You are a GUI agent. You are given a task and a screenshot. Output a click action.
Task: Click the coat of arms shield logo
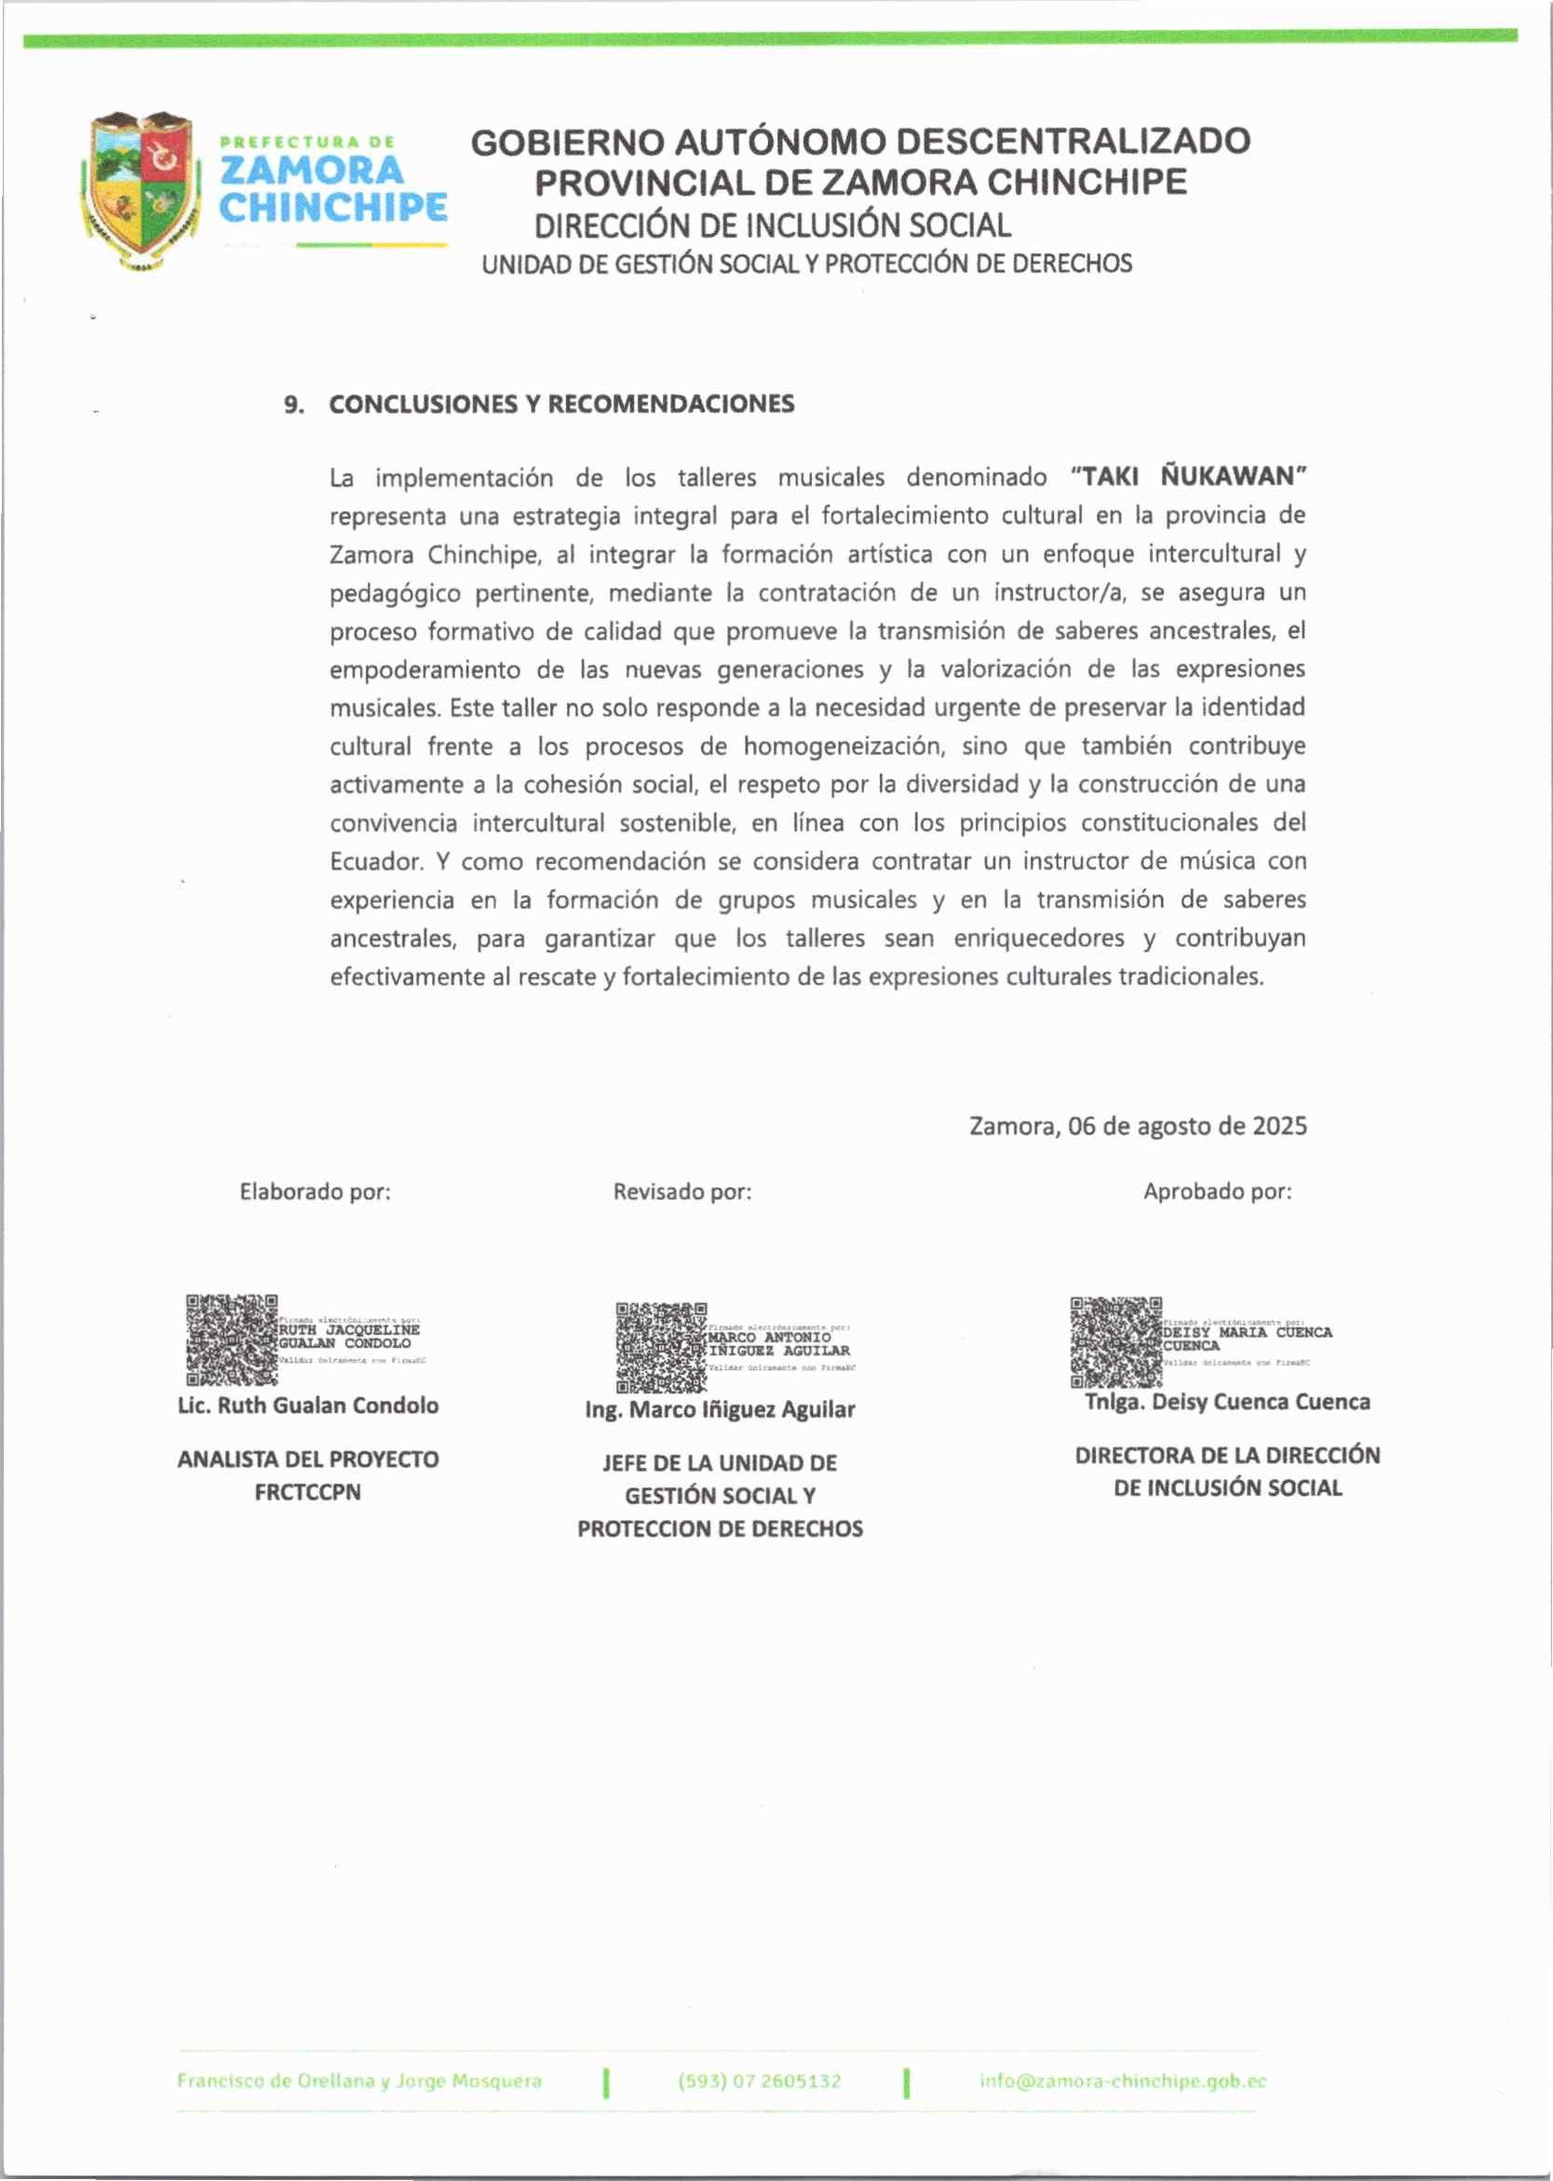pos(142,188)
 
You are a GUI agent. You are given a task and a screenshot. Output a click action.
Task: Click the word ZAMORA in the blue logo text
pos(312,170)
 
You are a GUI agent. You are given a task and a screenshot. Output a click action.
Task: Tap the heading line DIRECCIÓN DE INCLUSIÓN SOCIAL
pos(772,225)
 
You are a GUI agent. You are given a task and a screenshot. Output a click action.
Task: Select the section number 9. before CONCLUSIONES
pos(293,404)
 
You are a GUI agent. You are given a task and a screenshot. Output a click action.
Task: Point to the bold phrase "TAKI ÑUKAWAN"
pos(1189,477)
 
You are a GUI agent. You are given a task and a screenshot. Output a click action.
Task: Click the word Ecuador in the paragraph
pos(376,861)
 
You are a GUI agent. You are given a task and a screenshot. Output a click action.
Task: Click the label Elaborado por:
pos(315,1191)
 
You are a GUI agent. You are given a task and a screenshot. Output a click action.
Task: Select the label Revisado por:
pos(682,1191)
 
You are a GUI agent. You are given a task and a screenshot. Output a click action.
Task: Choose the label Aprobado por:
pos(1217,1191)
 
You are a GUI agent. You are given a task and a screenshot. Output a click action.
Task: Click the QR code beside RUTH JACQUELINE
pos(232,1340)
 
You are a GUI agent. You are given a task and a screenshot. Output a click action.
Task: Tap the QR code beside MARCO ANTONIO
pos(661,1347)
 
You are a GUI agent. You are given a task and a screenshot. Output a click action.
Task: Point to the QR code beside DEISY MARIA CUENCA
pos(1116,1341)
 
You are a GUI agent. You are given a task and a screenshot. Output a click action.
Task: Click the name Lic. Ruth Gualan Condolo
pos(308,1406)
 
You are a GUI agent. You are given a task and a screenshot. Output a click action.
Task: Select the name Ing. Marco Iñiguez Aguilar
pos(720,1409)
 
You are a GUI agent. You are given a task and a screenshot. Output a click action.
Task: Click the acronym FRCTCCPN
pos(308,1491)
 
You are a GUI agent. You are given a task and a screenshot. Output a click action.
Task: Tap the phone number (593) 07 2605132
pos(760,2080)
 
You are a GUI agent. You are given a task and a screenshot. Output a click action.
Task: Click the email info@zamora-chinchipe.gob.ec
pos(1123,2080)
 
